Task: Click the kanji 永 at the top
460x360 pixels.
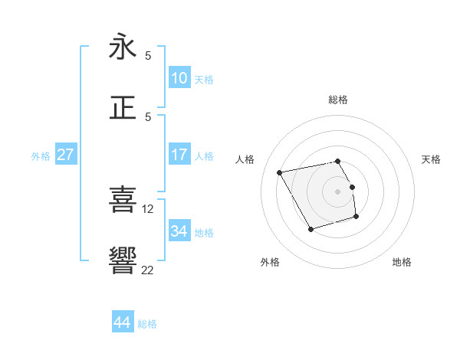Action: click(x=123, y=47)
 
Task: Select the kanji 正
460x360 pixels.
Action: click(x=123, y=107)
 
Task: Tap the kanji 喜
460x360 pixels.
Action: click(x=123, y=199)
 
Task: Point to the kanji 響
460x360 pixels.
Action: click(x=123, y=260)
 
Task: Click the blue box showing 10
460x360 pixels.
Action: click(x=179, y=77)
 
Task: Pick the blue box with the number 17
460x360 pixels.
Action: click(x=179, y=155)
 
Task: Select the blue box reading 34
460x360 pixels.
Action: click(x=179, y=231)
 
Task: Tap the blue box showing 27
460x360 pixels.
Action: click(x=65, y=155)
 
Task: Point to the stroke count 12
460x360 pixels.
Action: click(x=149, y=208)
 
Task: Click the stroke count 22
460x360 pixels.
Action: click(x=148, y=270)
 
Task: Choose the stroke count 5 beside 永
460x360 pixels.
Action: click(x=148, y=55)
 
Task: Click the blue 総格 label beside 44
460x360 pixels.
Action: click(x=147, y=324)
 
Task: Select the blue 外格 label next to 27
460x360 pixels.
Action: click(x=41, y=156)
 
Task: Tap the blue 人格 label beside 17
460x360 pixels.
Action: click(x=204, y=156)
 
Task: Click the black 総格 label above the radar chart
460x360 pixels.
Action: click(x=338, y=100)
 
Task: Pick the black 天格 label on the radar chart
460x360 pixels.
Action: click(x=431, y=159)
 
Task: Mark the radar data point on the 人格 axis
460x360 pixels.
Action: click(x=280, y=172)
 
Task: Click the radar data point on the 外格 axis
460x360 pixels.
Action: click(x=310, y=229)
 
